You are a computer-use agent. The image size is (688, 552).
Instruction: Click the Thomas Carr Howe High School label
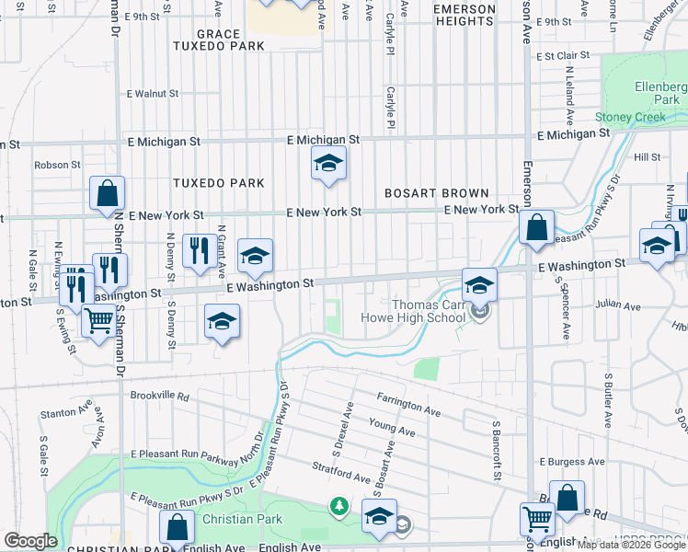click(429, 312)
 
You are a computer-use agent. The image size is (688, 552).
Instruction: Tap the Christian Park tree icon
click(339, 506)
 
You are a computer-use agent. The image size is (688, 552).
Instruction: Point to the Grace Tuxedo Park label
click(219, 40)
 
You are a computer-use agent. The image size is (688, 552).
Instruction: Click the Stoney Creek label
click(629, 117)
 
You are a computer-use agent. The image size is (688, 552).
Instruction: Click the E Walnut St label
click(153, 94)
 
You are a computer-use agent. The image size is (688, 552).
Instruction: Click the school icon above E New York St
click(327, 164)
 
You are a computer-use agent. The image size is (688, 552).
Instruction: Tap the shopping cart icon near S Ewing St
click(98, 321)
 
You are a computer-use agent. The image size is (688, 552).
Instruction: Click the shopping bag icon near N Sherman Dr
click(108, 194)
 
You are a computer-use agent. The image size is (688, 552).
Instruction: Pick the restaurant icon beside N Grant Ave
click(200, 251)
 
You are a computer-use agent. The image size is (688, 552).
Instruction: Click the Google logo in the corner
click(30, 541)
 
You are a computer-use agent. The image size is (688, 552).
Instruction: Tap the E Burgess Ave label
click(572, 461)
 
